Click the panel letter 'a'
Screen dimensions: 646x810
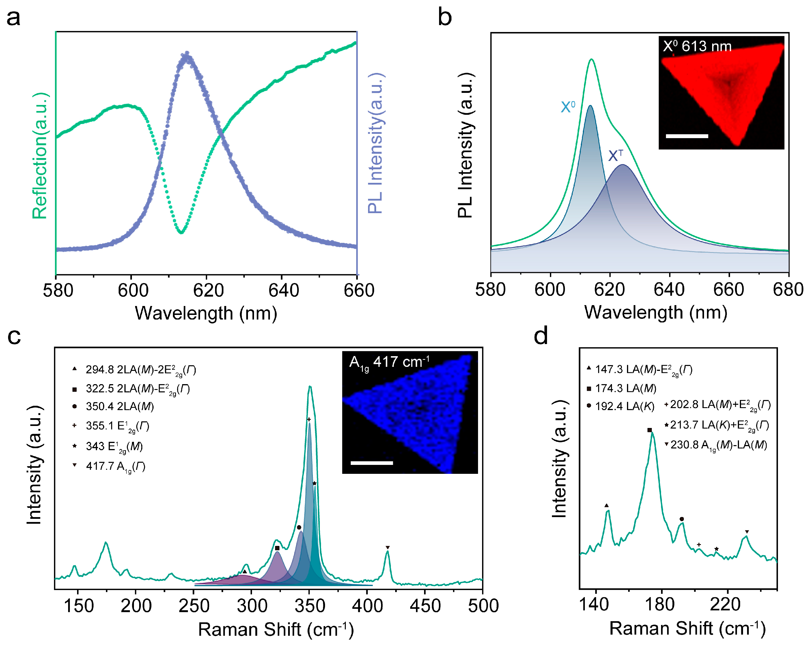pyautogui.click(x=14, y=18)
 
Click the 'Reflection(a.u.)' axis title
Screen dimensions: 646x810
pyautogui.click(x=40, y=155)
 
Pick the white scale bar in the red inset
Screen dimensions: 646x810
pyautogui.click(x=687, y=136)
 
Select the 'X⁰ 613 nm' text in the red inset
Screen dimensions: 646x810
pyautogui.click(x=697, y=46)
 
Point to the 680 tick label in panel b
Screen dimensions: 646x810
pyautogui.click(x=788, y=290)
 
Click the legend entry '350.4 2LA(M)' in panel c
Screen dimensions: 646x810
pyautogui.click(x=120, y=407)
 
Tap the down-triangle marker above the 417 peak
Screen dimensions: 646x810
pyautogui.click(x=388, y=548)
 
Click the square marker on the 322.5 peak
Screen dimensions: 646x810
pyautogui.click(x=277, y=548)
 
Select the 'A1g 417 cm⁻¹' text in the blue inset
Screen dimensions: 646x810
pyautogui.click(x=389, y=363)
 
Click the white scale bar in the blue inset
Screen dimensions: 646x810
pyautogui.click(x=372, y=463)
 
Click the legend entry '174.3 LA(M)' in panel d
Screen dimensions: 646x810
pyautogui.click(x=625, y=388)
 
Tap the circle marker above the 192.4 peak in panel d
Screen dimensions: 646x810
pyautogui.click(x=682, y=519)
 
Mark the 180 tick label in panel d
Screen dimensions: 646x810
pyautogui.click(x=659, y=605)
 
